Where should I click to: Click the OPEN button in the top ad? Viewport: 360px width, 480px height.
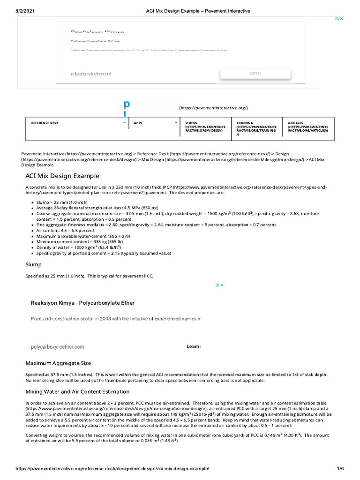(255, 74)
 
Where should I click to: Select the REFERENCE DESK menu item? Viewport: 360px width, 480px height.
(45, 123)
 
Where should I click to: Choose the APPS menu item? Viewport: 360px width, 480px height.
(138, 123)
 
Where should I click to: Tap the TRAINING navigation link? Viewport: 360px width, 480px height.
(256, 128)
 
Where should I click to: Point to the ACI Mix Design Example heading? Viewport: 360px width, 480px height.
(62, 176)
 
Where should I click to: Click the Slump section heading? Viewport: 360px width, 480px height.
(33, 264)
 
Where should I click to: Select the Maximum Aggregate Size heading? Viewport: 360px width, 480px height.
(58, 363)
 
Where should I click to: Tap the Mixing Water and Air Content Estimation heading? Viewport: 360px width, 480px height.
(77, 391)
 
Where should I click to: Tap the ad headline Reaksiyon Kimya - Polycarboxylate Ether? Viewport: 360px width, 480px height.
(82, 303)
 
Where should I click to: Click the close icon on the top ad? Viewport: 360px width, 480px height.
(342, 19)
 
